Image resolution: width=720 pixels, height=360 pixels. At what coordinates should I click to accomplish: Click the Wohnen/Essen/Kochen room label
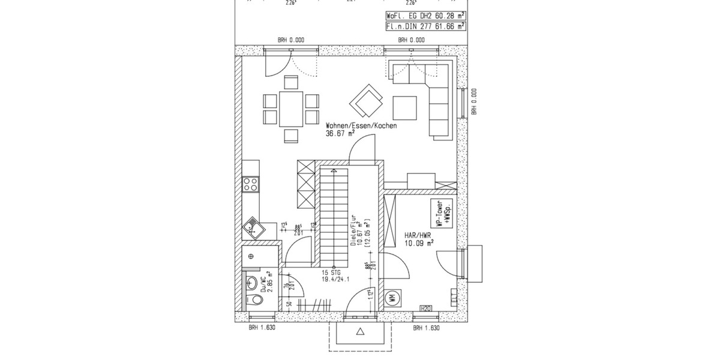tap(361, 127)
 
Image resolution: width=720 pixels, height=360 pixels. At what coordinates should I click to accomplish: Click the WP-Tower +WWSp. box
tap(443, 214)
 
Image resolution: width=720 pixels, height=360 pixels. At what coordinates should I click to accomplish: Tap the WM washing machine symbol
tap(391, 297)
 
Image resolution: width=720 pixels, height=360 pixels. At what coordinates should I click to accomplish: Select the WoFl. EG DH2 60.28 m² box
tap(425, 17)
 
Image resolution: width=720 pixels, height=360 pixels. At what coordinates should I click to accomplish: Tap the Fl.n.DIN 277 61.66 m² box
tap(425, 26)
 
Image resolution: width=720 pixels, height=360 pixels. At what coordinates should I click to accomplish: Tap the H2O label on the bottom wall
tap(427, 308)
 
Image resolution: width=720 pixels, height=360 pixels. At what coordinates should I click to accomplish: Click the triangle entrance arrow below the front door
tap(360, 332)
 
